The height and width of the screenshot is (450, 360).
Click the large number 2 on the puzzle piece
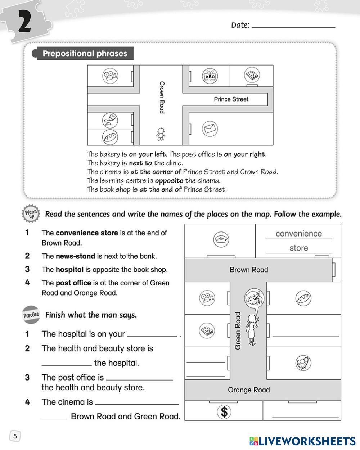[x=23, y=22]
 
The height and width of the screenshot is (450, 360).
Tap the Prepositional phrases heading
[x=85, y=54]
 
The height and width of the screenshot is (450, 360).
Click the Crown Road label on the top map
[x=162, y=97]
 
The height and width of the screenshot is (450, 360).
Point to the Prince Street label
[x=231, y=99]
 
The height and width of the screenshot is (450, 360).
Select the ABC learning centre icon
[x=210, y=76]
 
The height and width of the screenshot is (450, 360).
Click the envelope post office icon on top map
[x=210, y=129]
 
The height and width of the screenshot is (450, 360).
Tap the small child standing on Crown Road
[x=161, y=134]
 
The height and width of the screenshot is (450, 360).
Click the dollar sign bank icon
[x=224, y=411]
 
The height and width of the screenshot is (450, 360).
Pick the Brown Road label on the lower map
[x=249, y=270]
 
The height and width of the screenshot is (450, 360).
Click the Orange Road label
[x=249, y=390]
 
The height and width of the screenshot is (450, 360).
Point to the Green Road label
[x=238, y=330]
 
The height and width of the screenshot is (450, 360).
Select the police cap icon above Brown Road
[x=221, y=239]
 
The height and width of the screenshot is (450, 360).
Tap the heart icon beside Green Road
[x=303, y=363]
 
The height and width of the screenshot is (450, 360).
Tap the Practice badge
[x=31, y=315]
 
